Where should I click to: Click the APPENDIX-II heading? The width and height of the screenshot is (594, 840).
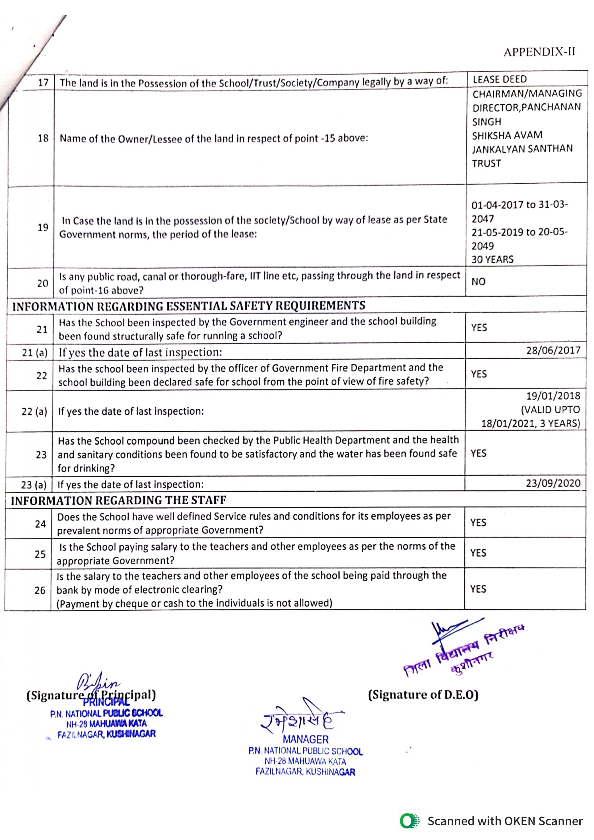click(x=539, y=52)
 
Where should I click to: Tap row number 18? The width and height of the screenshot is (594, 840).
click(x=43, y=138)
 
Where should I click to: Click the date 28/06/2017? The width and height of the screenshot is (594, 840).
click(x=553, y=350)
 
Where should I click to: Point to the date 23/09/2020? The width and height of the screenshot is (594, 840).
click(x=553, y=483)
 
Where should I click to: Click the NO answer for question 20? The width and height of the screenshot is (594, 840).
click(x=478, y=282)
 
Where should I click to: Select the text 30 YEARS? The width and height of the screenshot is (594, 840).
click(x=492, y=259)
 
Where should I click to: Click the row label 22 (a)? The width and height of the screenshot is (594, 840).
click(x=34, y=412)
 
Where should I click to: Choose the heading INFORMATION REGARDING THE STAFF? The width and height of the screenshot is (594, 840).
click(x=119, y=500)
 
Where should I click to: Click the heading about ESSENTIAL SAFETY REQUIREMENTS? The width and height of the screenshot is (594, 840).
click(x=189, y=306)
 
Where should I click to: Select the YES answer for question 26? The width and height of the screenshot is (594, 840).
click(x=478, y=589)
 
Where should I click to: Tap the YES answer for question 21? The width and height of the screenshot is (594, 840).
click(x=479, y=327)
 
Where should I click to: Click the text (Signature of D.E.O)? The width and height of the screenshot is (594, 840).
click(x=423, y=695)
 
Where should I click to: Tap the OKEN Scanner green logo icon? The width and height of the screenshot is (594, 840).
click(x=409, y=821)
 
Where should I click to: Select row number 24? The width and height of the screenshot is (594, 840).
click(x=40, y=524)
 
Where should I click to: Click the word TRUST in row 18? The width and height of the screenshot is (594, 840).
click(x=486, y=163)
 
